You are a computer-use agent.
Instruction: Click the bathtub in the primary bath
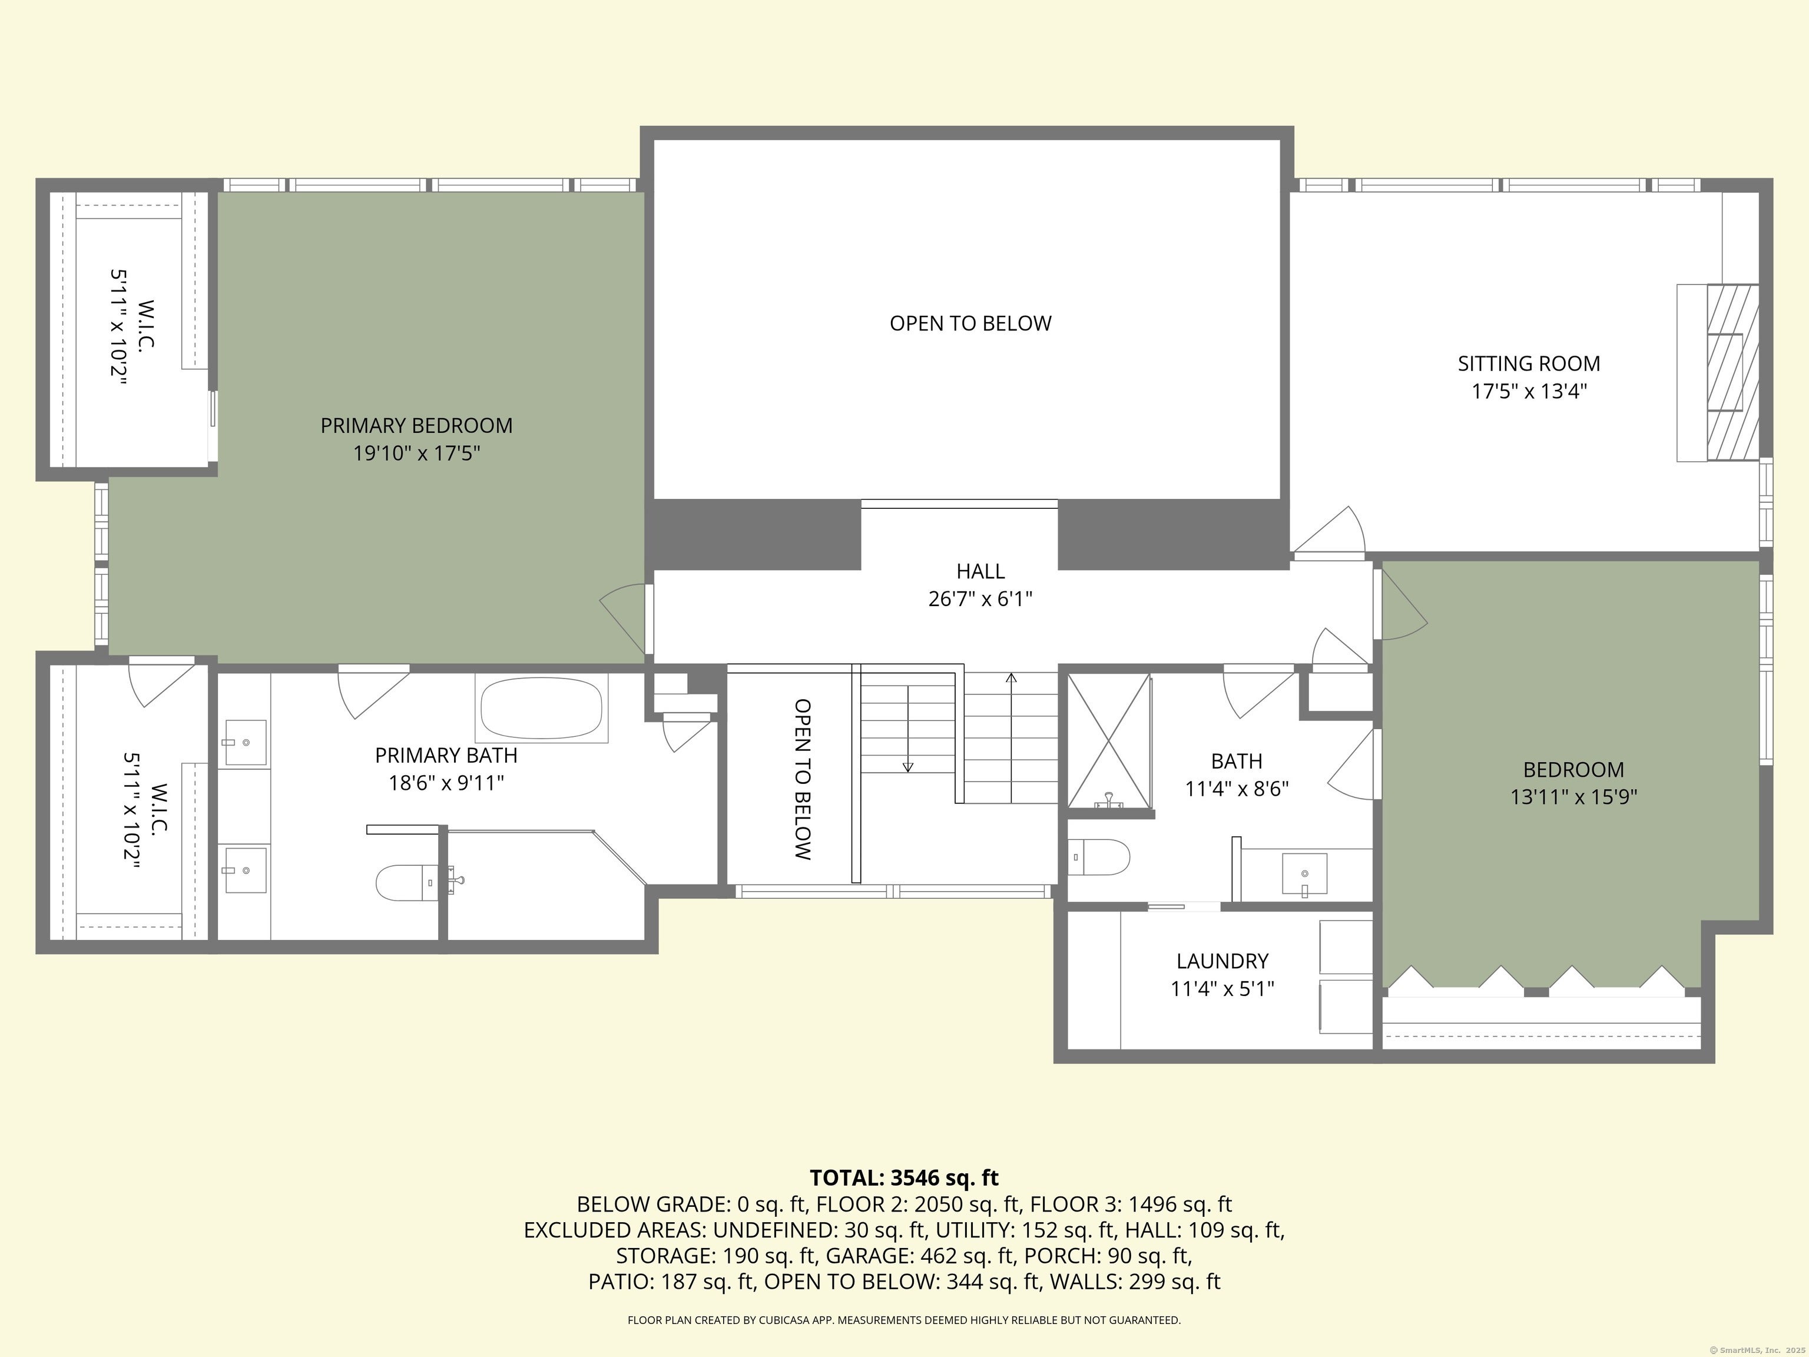click(x=541, y=709)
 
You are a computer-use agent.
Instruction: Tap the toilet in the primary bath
click(x=404, y=883)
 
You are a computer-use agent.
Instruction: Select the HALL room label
click(x=980, y=571)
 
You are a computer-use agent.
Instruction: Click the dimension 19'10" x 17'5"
click(x=416, y=453)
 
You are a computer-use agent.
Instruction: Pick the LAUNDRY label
click(x=1222, y=961)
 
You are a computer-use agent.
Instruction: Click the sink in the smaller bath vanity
click(x=1304, y=875)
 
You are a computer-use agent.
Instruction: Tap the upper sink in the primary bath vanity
click(x=246, y=742)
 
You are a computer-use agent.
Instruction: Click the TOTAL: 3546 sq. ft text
click(x=904, y=1178)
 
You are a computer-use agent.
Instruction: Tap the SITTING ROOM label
click(x=1529, y=363)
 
